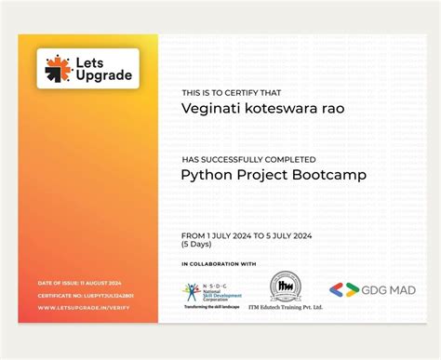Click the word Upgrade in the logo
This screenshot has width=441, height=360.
(x=105, y=75)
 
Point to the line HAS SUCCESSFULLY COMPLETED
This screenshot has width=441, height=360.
(x=248, y=159)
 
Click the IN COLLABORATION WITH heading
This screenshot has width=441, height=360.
(x=219, y=264)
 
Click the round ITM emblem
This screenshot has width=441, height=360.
(x=286, y=287)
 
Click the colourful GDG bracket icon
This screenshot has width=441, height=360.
(x=342, y=289)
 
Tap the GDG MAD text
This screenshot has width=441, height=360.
(x=388, y=290)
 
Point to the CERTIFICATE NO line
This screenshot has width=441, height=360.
(x=85, y=295)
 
